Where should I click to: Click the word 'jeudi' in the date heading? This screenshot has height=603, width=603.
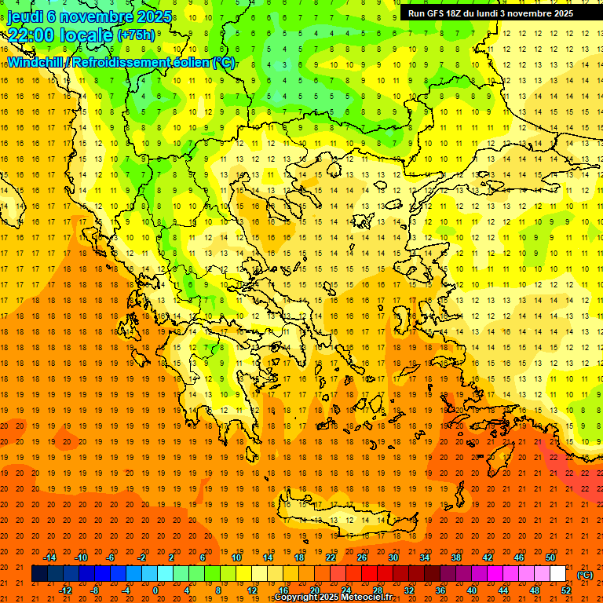point(26,16)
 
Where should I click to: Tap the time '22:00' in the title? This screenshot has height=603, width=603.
point(34,35)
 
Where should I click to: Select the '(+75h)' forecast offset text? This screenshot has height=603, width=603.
point(136,35)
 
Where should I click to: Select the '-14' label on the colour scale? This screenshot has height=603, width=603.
point(51,557)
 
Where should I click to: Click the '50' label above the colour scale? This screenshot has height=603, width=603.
point(550,557)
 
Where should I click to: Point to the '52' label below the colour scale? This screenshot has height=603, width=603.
point(565,590)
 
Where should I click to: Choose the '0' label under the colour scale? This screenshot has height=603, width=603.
point(155,590)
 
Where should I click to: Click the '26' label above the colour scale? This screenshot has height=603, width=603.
point(362,557)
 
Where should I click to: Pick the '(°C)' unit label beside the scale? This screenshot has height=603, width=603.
point(584,575)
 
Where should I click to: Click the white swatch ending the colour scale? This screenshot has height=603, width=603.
point(558,574)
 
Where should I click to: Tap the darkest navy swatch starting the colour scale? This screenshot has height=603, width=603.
point(39,574)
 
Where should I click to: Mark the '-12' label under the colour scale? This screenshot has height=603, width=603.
point(66,590)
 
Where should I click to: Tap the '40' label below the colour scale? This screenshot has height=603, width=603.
point(471,590)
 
